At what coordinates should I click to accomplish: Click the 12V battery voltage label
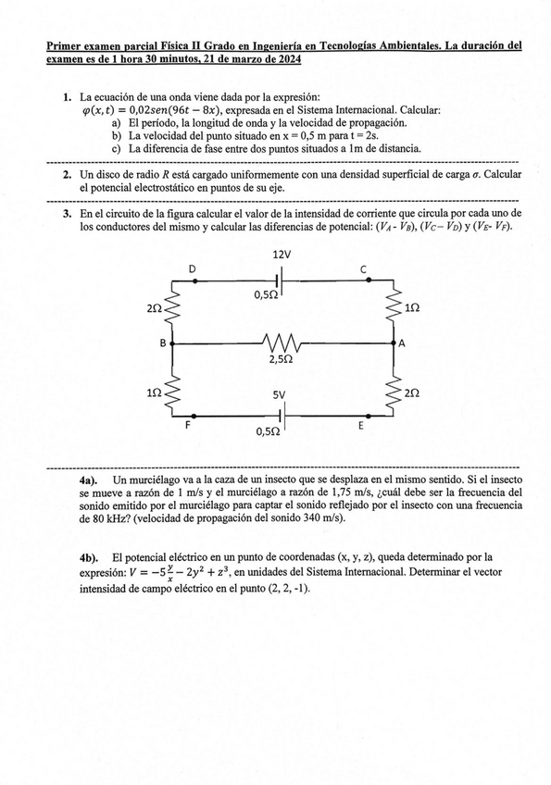[282, 255]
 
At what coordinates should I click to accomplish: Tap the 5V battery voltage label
[281, 394]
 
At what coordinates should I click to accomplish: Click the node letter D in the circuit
[193, 269]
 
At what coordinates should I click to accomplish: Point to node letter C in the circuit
[363, 269]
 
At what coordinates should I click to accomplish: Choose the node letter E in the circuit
[361, 429]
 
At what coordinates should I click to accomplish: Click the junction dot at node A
[394, 343]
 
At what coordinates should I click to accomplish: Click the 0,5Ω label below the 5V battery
[269, 431]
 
